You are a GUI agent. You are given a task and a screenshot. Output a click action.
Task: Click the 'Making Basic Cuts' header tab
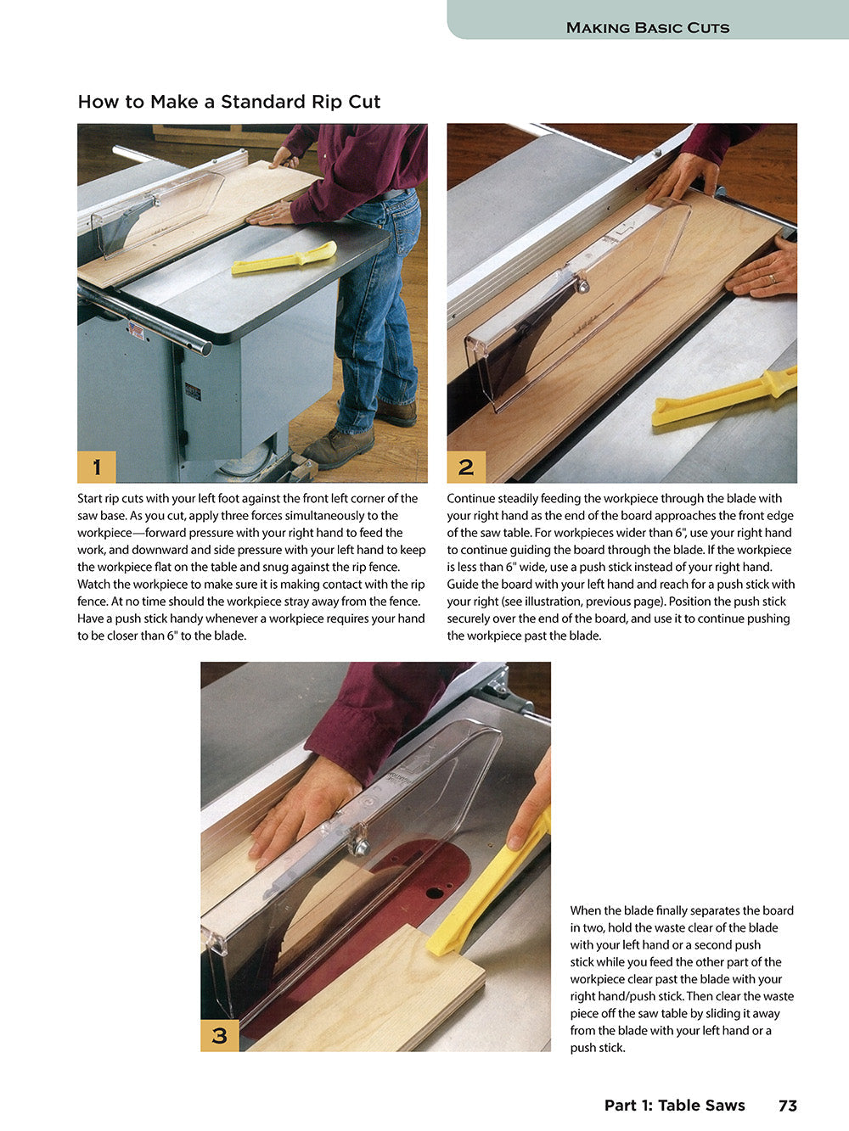[647, 27]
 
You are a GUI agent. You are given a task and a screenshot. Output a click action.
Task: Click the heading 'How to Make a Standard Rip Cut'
[228, 102]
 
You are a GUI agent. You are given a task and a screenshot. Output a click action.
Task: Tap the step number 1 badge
[97, 467]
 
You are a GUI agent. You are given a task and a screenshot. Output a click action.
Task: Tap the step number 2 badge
[466, 467]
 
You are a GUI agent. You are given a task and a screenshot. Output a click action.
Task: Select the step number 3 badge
[220, 1035]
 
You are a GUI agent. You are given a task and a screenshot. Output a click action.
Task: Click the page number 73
[787, 1106]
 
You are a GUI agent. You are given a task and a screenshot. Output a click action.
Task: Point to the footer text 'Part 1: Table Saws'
[674, 1106]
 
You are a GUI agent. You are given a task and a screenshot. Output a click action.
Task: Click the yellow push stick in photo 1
[284, 259]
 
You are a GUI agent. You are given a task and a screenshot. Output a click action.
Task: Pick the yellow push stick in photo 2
[722, 399]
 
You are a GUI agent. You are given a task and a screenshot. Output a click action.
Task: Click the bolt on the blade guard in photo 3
[362, 846]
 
